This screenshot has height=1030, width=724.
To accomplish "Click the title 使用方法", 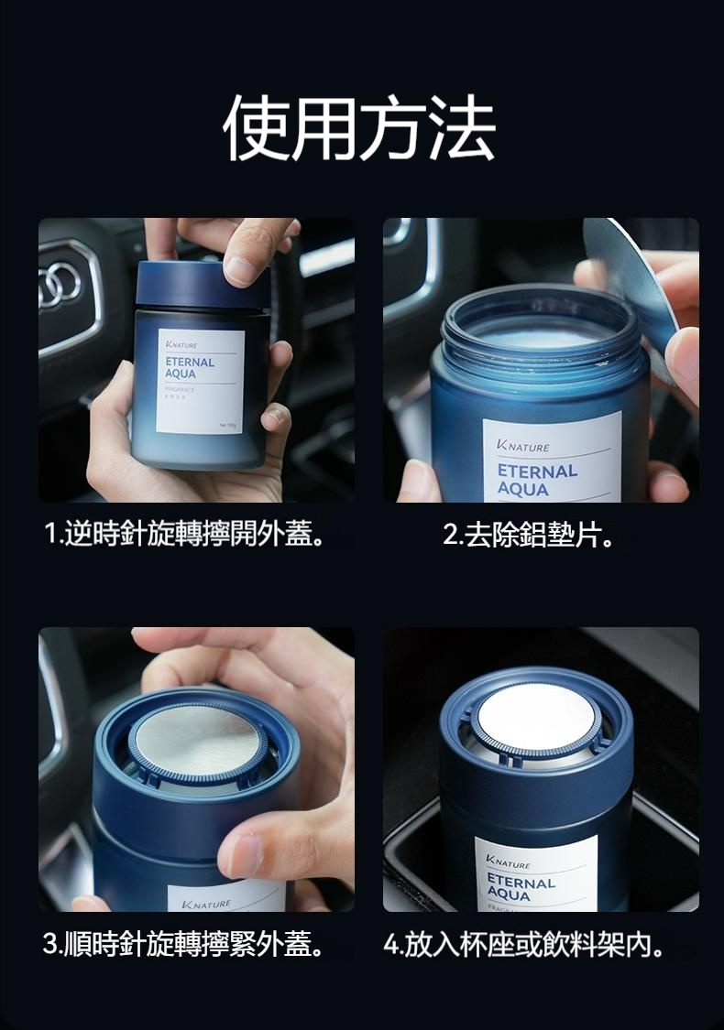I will click(x=360, y=127).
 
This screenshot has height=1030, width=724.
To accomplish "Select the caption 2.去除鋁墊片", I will click(x=529, y=534).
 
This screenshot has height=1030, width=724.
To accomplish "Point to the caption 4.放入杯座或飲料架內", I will click(x=528, y=944).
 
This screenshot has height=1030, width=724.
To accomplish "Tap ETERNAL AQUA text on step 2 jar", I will click(x=537, y=480).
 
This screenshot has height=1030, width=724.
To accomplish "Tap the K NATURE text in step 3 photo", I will click(x=207, y=905).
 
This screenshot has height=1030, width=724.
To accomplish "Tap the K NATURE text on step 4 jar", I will click(x=510, y=863).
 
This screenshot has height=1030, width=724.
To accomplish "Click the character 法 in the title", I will click(x=463, y=127).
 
